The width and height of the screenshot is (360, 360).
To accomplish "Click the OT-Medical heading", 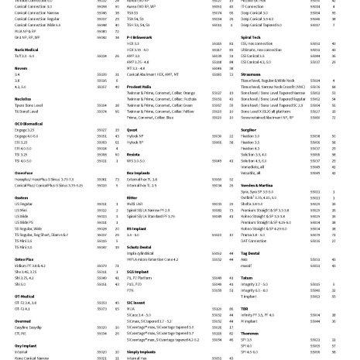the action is pos(16,297).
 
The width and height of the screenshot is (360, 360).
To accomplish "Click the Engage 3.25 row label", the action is pos(16,130).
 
